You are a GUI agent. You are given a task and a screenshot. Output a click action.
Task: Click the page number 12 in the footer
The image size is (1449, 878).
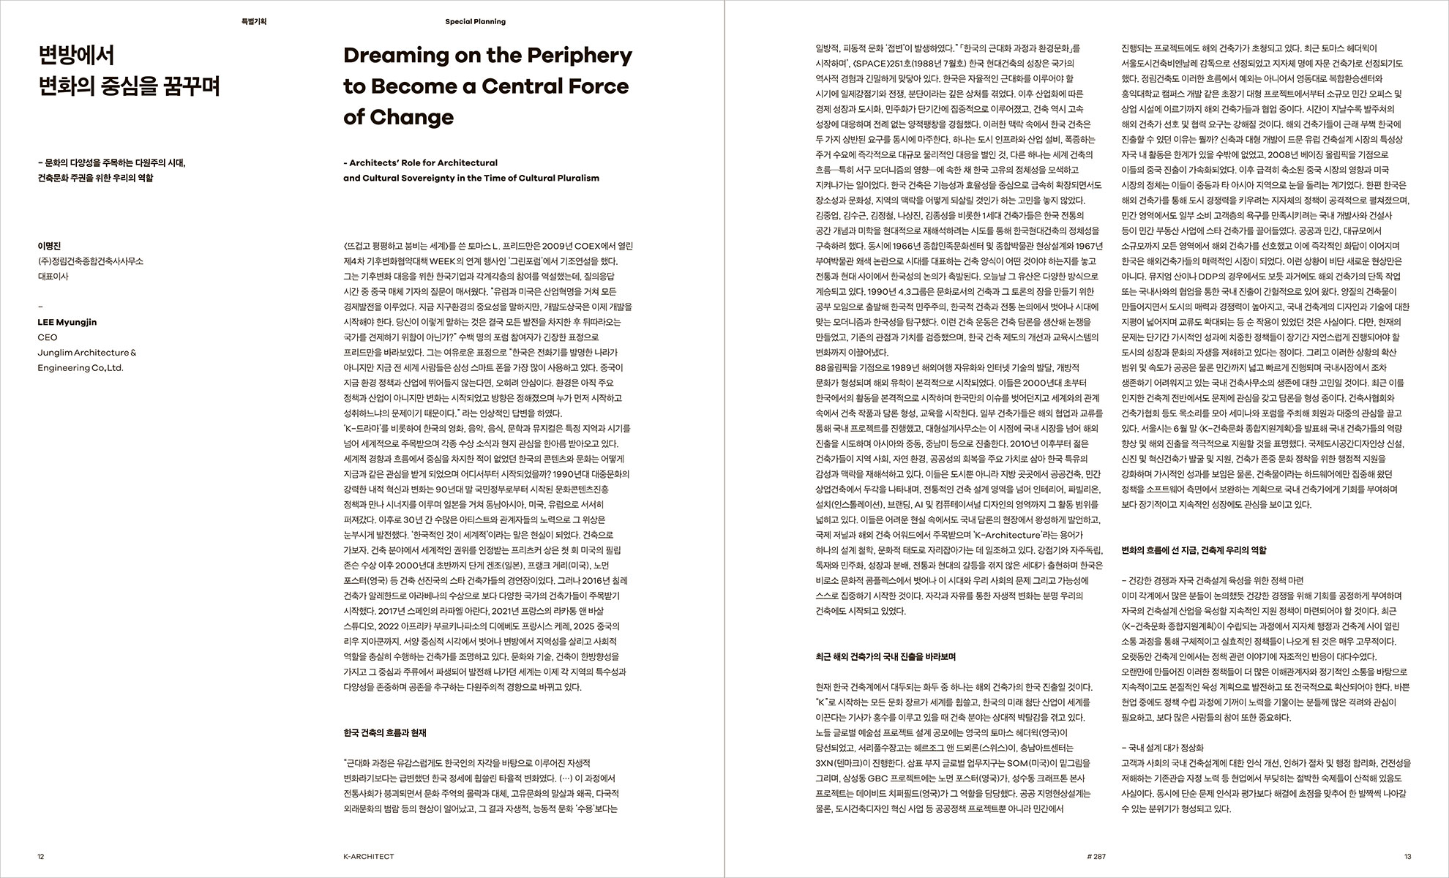coord(41,856)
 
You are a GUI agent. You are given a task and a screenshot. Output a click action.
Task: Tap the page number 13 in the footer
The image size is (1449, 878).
coord(1407,856)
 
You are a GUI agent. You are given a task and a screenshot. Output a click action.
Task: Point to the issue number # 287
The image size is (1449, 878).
coord(1096,856)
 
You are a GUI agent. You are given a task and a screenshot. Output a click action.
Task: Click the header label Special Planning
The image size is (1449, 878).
coord(475,22)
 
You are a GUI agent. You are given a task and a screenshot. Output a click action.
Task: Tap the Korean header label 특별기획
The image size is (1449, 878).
coord(254,22)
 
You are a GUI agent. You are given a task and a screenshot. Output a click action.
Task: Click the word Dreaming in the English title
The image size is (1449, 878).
coord(395,56)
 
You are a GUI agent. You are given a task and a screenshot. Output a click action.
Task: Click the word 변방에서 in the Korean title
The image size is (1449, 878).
coord(76,56)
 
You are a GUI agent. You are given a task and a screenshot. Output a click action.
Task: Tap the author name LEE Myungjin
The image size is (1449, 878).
coord(67,322)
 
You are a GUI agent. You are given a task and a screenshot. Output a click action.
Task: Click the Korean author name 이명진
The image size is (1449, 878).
coord(49,247)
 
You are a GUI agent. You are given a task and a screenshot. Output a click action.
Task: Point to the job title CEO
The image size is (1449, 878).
coord(47,337)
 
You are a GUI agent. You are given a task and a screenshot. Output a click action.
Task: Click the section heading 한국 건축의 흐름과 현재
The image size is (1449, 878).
coord(384,732)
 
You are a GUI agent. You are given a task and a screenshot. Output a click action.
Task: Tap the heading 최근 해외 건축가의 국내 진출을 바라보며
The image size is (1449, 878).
coord(885,656)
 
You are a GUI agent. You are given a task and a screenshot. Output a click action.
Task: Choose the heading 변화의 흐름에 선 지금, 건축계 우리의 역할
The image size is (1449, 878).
coord(1194,549)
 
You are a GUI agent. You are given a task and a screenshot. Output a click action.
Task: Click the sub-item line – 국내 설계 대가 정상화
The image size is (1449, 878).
coord(1162,748)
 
